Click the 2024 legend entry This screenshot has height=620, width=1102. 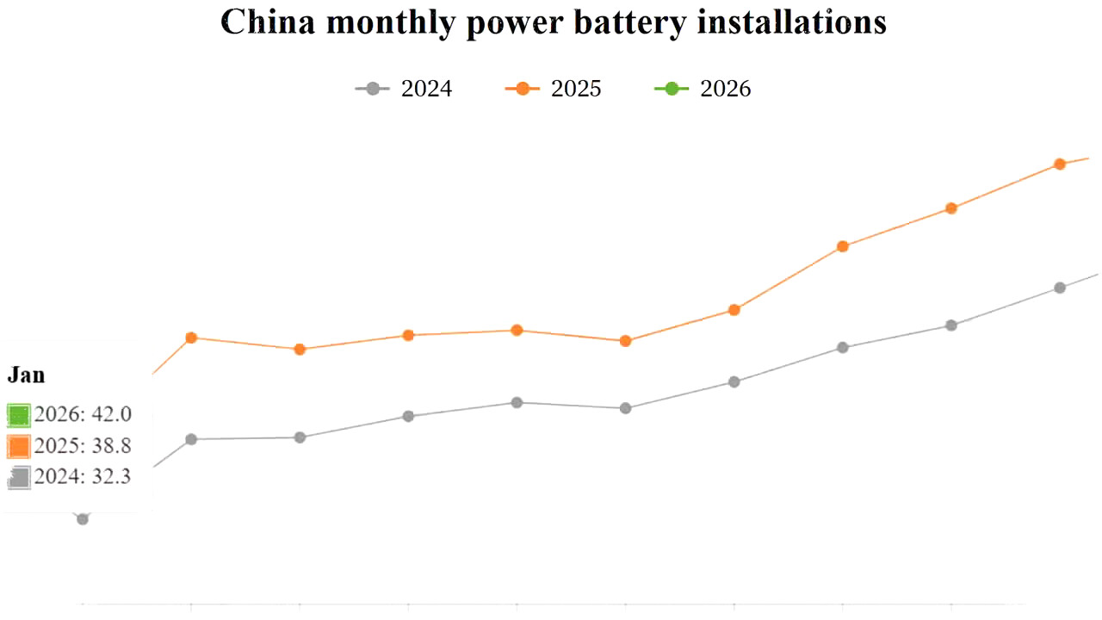[x=404, y=89]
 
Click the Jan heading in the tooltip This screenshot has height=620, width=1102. [x=26, y=375]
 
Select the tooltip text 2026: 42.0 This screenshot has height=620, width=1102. [x=83, y=414]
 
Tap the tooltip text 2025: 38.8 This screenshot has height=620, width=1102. [x=83, y=446]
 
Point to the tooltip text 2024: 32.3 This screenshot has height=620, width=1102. [x=83, y=476]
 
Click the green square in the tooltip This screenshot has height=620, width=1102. [x=19, y=415]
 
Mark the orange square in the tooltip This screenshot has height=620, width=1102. [x=19, y=446]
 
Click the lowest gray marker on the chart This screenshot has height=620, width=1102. [x=83, y=519]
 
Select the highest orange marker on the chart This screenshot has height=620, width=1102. [x=1060, y=164]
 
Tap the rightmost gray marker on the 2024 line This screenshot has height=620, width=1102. [x=1060, y=288]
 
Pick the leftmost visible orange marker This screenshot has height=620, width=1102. [x=191, y=338]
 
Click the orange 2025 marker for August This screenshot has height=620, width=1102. [x=843, y=246]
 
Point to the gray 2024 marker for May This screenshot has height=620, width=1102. [x=517, y=402]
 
